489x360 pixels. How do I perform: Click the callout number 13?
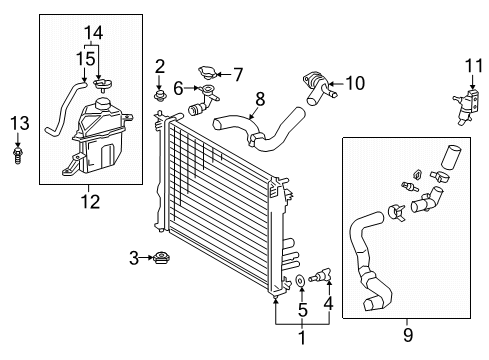(x=20, y=123)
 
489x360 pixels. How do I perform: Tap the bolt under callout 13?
(x=18, y=155)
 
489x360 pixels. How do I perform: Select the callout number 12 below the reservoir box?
(x=90, y=202)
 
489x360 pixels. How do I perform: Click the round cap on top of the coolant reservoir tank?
(x=103, y=104)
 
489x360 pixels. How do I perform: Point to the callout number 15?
(x=86, y=59)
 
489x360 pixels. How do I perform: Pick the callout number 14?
(x=93, y=33)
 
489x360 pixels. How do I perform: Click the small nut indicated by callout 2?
(x=160, y=95)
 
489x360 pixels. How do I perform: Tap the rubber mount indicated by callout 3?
(x=162, y=258)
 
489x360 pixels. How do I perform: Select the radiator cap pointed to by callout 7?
(x=208, y=73)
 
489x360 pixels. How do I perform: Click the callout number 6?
(x=178, y=89)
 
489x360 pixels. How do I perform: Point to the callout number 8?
(x=260, y=99)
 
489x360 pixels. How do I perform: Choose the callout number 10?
(x=355, y=83)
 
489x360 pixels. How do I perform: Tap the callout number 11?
(x=474, y=66)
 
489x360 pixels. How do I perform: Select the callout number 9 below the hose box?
(x=408, y=335)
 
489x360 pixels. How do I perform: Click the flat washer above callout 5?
(x=301, y=281)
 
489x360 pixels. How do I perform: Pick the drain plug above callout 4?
(x=319, y=275)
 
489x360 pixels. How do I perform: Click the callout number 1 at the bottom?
(x=302, y=337)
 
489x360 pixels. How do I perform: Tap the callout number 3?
(x=134, y=258)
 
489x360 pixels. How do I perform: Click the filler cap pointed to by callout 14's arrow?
(x=102, y=84)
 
